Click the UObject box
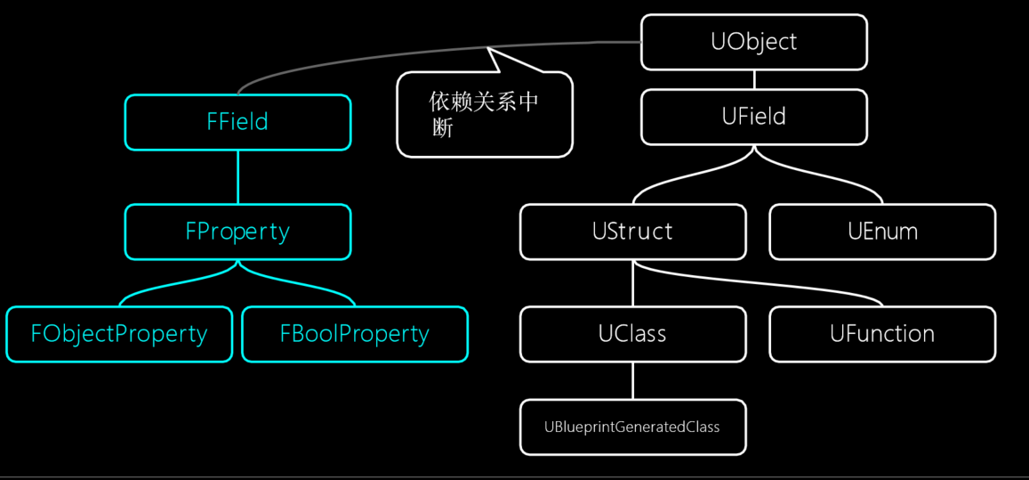[x=753, y=42]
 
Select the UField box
[x=753, y=117]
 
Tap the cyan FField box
[x=237, y=122]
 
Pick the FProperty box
[x=237, y=232]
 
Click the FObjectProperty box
[x=119, y=334]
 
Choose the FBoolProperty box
[x=354, y=334]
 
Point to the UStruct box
[x=632, y=232]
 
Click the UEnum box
[x=881, y=232]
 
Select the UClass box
[x=632, y=334]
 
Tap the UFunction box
[x=881, y=334]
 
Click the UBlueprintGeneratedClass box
[x=632, y=427]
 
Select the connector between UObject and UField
[x=754, y=79]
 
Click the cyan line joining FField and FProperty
[x=237, y=177]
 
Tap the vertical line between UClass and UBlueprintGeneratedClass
[x=633, y=381]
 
